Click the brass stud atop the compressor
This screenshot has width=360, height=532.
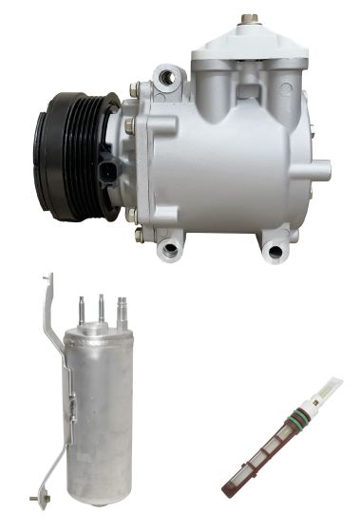pyautogui.click(x=251, y=18)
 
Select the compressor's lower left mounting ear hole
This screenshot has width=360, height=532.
pyautogui.click(x=172, y=249)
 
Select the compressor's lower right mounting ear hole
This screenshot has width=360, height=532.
pyautogui.click(x=276, y=251)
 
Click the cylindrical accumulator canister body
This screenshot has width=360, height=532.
pyautogui.click(x=99, y=408)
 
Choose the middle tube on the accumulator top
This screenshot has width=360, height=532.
pyautogui.click(x=100, y=306)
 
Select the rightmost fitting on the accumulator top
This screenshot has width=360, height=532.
pyautogui.click(x=121, y=310)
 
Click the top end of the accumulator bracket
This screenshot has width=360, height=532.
pyautogui.click(x=46, y=281)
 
